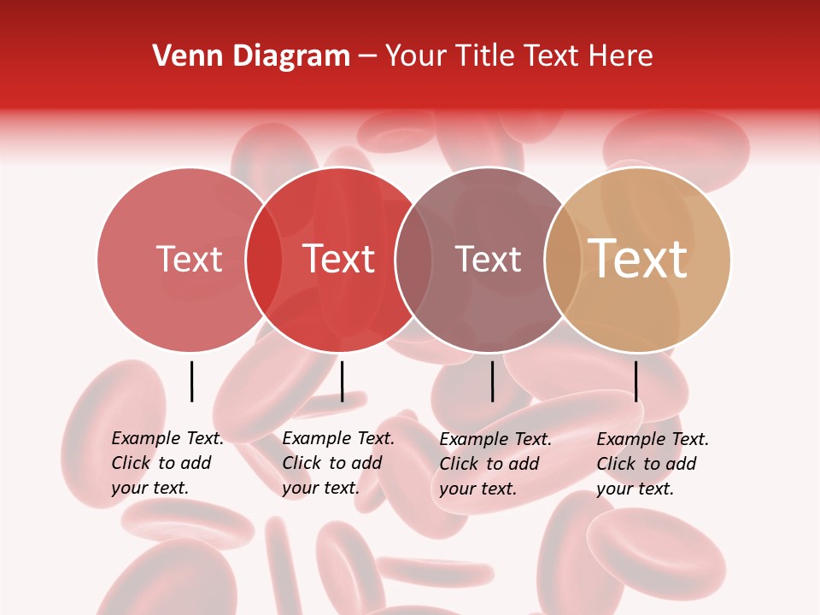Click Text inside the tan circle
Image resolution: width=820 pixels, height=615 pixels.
[638, 259]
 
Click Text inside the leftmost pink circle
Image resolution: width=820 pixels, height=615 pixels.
[189, 259]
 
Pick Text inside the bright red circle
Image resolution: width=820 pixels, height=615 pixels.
[338, 259]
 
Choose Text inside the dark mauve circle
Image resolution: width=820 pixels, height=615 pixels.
[488, 259]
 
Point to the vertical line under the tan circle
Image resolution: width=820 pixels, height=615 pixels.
[636, 381]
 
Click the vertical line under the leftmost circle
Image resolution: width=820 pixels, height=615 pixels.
[191, 381]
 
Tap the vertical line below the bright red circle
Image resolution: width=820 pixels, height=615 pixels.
[342, 381]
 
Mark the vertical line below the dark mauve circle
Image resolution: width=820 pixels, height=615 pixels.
[492, 381]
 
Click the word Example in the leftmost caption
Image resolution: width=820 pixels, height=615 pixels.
[145, 438]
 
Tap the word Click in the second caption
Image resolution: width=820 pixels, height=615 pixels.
[302, 463]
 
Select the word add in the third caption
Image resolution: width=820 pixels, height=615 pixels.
[524, 463]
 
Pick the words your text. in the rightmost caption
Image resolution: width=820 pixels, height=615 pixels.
[635, 489]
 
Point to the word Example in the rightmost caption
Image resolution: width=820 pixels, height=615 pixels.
[630, 439]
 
